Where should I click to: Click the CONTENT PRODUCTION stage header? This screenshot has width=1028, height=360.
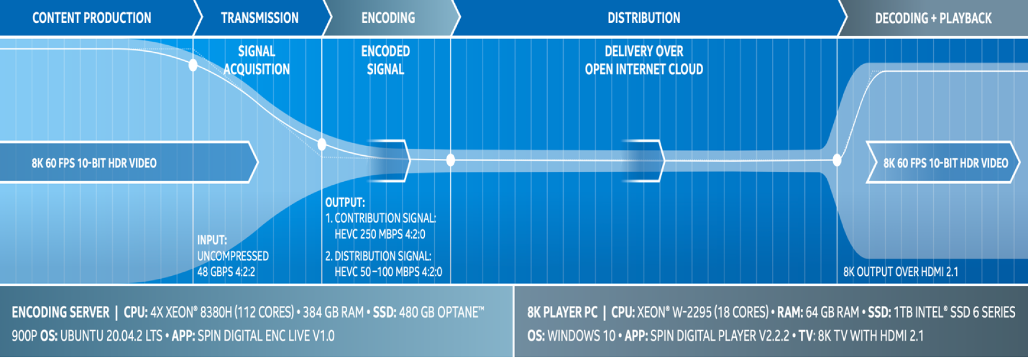click(92, 18)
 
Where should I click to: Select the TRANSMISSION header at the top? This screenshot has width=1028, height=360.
click(260, 18)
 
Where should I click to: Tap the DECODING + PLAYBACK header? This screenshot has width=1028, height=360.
click(933, 18)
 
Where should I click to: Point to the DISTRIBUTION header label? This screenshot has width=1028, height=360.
click(644, 18)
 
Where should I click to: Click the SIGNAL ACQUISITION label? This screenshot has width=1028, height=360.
click(257, 60)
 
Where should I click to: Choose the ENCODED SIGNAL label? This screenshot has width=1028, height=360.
click(385, 60)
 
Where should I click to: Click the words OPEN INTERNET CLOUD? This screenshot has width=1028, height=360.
click(644, 69)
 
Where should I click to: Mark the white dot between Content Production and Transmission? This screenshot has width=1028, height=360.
click(193, 65)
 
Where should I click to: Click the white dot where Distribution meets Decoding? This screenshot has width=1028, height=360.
click(837, 159)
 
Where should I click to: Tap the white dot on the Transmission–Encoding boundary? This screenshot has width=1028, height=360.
click(322, 144)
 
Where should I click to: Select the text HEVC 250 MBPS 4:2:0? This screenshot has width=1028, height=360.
click(380, 234)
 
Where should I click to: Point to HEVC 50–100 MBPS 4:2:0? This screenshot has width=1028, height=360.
click(388, 272)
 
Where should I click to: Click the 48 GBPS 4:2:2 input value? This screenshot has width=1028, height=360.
click(226, 272)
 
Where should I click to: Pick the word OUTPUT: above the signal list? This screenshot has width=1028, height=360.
click(345, 202)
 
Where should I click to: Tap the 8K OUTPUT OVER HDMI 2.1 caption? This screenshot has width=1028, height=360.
click(900, 272)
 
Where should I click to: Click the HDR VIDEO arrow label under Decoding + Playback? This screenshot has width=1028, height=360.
click(945, 163)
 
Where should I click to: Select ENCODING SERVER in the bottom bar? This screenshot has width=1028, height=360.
click(61, 312)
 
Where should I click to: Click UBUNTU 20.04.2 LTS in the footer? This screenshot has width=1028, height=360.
click(111, 336)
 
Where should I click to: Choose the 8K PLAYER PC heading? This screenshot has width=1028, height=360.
click(562, 312)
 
